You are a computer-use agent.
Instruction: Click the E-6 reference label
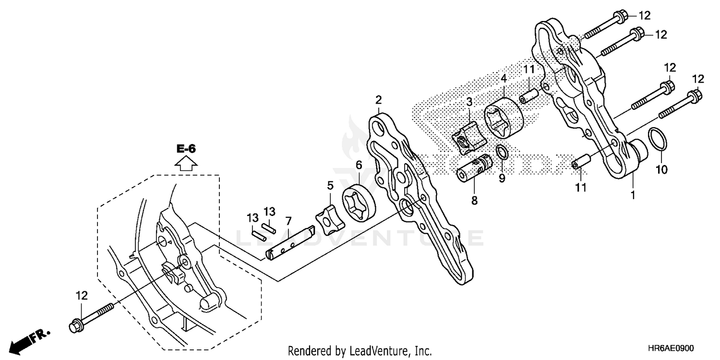(x=186, y=149)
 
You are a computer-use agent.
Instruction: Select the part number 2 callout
(x=378, y=100)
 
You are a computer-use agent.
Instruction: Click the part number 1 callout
(x=633, y=195)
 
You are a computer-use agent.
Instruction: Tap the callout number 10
(x=662, y=169)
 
